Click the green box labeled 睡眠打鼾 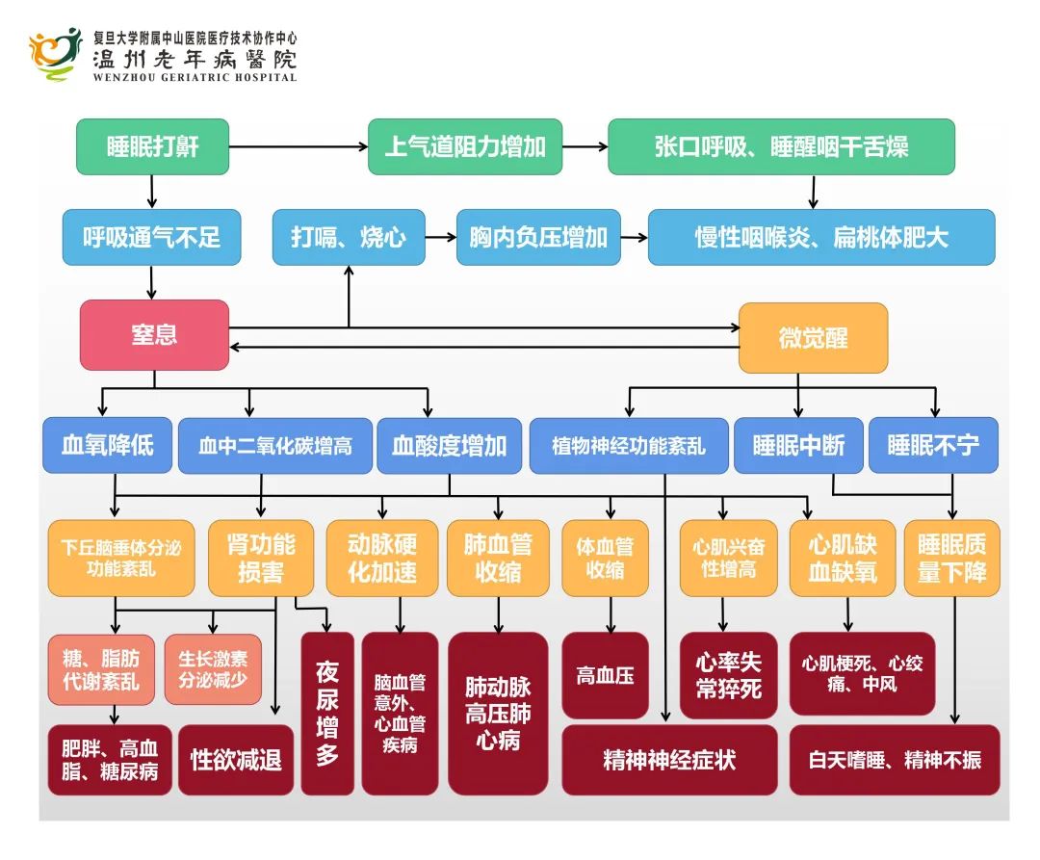pyautogui.click(x=152, y=147)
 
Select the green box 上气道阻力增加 pyautogui.click(x=465, y=147)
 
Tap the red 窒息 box pyautogui.click(x=154, y=335)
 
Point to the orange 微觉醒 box pyautogui.click(x=813, y=338)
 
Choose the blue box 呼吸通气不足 pyautogui.click(x=152, y=238)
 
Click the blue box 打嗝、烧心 pyautogui.click(x=348, y=238)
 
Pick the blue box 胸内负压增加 pyautogui.click(x=538, y=238)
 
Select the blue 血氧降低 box pyautogui.click(x=107, y=445)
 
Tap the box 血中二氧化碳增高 pyautogui.click(x=275, y=446)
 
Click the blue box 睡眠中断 pyautogui.click(x=798, y=445)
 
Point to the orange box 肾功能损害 pyautogui.click(x=260, y=559)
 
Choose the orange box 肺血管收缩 pyautogui.click(x=498, y=559)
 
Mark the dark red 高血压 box pyautogui.click(x=605, y=675)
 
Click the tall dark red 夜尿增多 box pyautogui.click(x=327, y=713)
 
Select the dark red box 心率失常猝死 pyautogui.click(x=728, y=675)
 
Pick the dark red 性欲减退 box pyautogui.click(x=236, y=760)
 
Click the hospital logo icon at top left pyautogui.click(x=56, y=53)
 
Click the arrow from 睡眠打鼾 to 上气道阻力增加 pyautogui.click(x=299, y=147)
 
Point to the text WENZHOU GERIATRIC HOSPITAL pyautogui.click(x=195, y=77)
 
